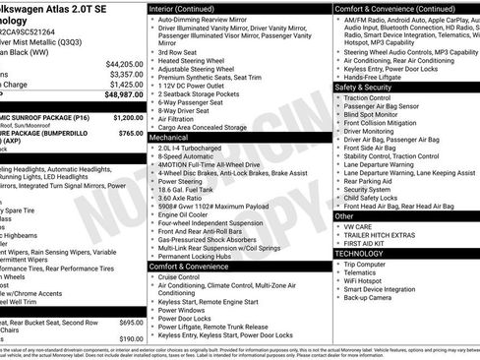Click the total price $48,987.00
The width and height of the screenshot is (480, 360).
tap(123, 94)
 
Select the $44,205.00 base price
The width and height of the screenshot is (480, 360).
tap(125, 63)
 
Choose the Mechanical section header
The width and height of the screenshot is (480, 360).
tap(169, 138)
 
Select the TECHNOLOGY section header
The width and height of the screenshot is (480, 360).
tap(358, 253)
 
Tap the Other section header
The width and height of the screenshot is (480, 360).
tap(345, 214)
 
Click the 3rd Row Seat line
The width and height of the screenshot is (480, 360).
tap(177, 51)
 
